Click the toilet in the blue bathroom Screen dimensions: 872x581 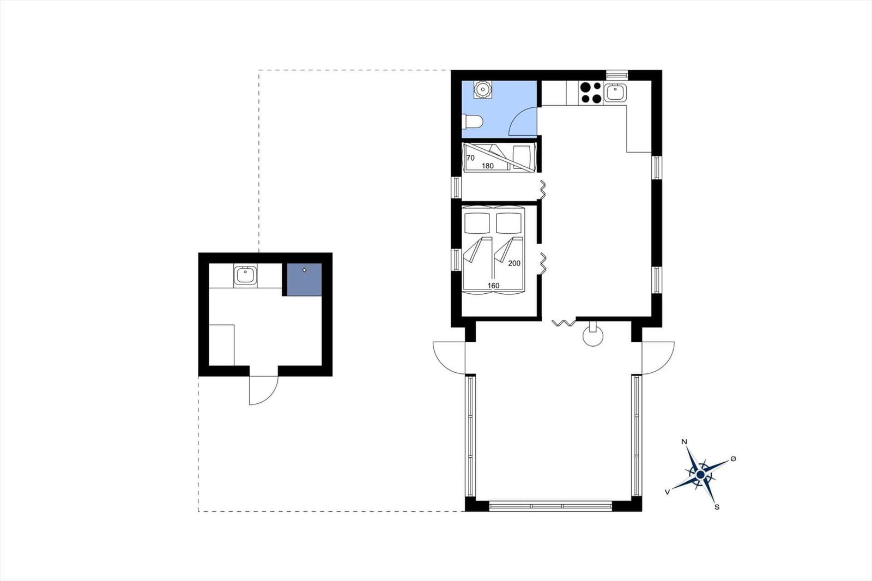pyautogui.click(x=472, y=122)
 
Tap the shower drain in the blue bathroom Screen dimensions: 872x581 pyautogui.click(x=483, y=89)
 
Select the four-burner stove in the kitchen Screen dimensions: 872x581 pyautogui.click(x=591, y=93)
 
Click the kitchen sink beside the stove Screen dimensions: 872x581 pyautogui.click(x=615, y=93)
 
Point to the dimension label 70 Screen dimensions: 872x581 pyautogui.click(x=470, y=158)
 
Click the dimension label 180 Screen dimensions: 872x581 pyautogui.click(x=488, y=166)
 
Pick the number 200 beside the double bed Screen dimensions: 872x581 pyautogui.click(x=514, y=264)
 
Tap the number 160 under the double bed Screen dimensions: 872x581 pyautogui.click(x=493, y=286)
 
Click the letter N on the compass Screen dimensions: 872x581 pyautogui.click(x=684, y=441)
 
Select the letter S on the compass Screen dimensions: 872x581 pyautogui.click(x=717, y=507)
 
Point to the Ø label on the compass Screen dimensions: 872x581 pyautogui.click(x=733, y=459)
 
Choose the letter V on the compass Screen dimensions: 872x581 pyautogui.click(x=667, y=492)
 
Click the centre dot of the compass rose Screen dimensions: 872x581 pyautogui.click(x=700, y=475)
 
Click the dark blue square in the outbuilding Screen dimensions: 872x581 pyautogui.click(x=304, y=280)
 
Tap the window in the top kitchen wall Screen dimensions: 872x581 pyautogui.click(x=617, y=75)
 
